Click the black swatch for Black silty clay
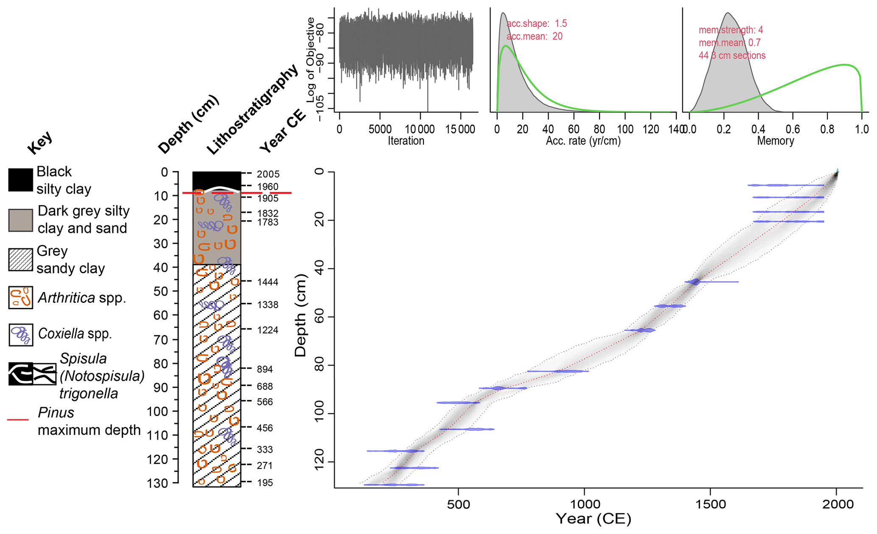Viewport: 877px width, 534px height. pos(20,180)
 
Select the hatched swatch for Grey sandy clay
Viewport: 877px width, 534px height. pos(20,260)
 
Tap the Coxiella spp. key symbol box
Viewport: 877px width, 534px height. pos(20,335)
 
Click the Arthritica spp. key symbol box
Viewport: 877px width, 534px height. pos(20,297)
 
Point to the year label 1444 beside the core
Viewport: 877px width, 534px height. pos(268,282)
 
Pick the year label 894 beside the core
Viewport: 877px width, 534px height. pos(265,369)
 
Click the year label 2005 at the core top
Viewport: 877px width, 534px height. pos(268,174)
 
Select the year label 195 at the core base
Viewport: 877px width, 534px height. pos(265,483)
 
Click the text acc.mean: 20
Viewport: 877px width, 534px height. pos(535,36)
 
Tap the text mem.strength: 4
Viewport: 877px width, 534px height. pos(731,30)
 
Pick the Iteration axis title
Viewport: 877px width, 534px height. pos(406,141)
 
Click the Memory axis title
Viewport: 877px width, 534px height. pos(775,141)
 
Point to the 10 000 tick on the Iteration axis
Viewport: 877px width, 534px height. pos(420,129)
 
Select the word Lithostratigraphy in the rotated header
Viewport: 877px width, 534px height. pos(253,110)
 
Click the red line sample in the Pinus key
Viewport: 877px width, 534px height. pos(18,420)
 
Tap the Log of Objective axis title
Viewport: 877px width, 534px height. pos(311,59)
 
